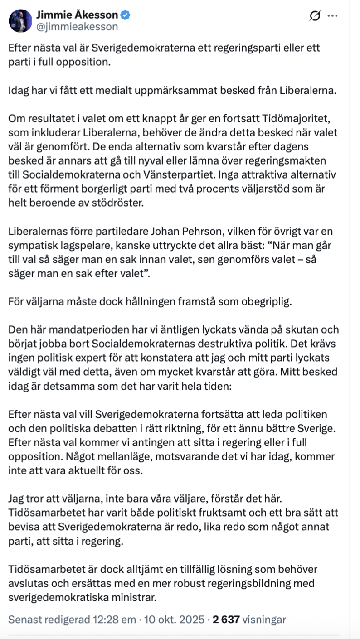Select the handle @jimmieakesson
click(77, 27)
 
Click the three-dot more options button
click(332, 16)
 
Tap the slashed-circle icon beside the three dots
click(314, 16)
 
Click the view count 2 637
click(226, 619)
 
